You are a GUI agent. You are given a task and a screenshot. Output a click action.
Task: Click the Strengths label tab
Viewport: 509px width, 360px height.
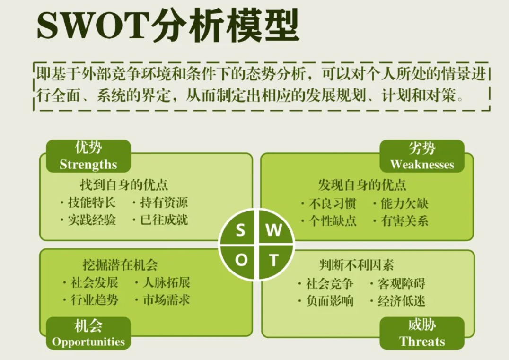88,156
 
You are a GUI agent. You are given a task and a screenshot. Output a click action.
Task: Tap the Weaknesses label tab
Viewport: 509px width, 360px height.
422,156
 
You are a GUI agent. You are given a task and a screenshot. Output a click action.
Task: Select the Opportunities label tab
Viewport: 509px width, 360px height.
88,333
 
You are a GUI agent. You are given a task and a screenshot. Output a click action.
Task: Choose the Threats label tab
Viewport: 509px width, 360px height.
422,333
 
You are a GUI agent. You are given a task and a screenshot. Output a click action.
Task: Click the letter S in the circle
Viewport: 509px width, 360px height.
241,230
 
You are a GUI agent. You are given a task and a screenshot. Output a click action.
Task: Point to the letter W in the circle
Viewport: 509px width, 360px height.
273,230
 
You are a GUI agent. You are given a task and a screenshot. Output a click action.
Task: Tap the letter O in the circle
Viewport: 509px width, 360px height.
241,260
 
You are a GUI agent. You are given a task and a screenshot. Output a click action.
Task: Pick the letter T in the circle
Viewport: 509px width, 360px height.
273,260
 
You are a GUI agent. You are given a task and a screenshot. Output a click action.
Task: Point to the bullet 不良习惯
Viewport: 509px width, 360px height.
332,204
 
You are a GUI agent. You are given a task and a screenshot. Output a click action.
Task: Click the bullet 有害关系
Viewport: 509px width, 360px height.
404,221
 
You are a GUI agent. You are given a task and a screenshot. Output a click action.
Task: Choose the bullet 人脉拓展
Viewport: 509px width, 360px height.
167,283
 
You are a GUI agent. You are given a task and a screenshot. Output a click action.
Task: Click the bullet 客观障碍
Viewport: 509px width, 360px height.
401,284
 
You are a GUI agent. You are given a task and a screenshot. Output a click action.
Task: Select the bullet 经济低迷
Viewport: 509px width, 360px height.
401,301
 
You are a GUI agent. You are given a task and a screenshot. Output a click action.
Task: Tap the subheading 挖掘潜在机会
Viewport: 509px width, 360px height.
120,265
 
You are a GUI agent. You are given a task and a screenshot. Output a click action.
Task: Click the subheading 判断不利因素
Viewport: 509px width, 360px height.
356,265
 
